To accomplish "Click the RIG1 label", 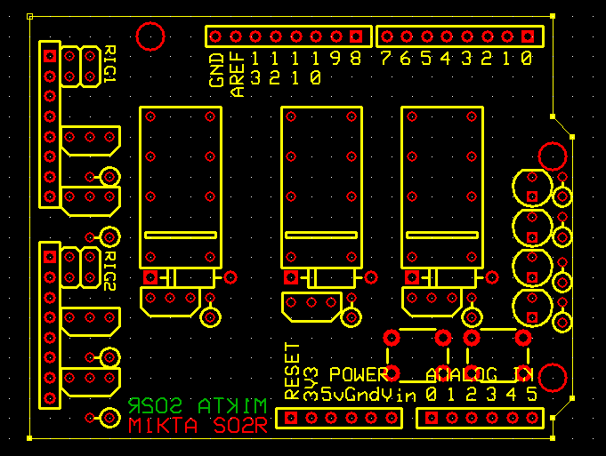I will pyautogui.click(x=110, y=64).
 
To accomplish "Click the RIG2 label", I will pyautogui.click(x=110, y=271).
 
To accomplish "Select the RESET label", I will pyautogui.click(x=291, y=370).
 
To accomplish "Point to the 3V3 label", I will pyautogui.click(x=311, y=380).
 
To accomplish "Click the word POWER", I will pyautogui.click(x=359, y=374).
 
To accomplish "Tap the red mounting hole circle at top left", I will pyautogui.click(x=150, y=36).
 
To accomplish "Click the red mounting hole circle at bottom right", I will pyautogui.click(x=553, y=378).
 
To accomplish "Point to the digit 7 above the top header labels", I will pyautogui.click(x=385, y=59).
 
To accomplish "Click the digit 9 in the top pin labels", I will pyautogui.click(x=336, y=59).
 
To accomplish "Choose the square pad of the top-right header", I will pyautogui.click(x=529, y=36).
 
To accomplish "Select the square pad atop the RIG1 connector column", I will pyautogui.click(x=50, y=55).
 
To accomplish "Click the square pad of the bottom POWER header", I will pyautogui.click(x=290, y=417).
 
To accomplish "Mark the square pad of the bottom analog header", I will pyautogui.click(x=432, y=417).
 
